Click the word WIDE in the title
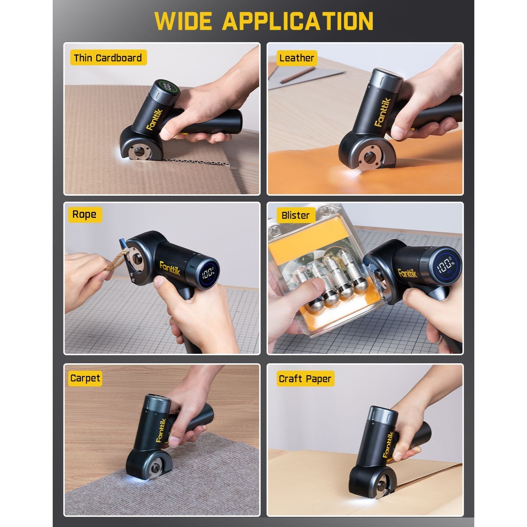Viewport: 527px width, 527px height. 183,21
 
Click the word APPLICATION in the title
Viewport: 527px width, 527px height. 298,21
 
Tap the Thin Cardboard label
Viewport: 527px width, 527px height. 108,58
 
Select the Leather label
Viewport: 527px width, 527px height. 297,58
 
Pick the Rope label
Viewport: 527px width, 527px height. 84,214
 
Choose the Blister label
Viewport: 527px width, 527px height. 295,215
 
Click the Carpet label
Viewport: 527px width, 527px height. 85,378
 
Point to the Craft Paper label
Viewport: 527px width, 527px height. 305,379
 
